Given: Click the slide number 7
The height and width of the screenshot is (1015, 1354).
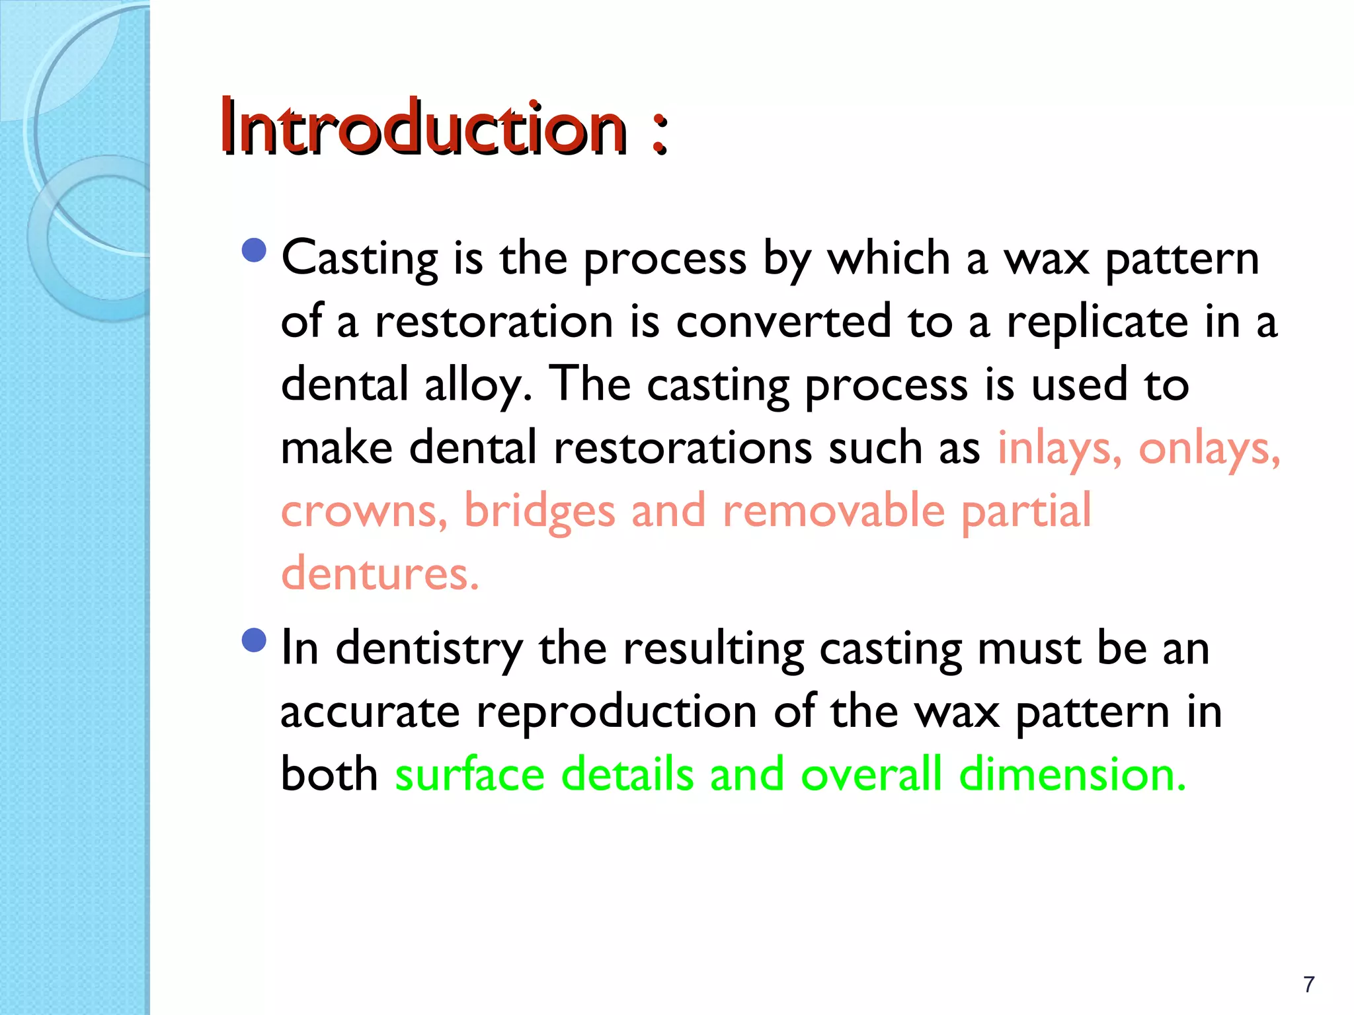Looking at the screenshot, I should pos(1308,985).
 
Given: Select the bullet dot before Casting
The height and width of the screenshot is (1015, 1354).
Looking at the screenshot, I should pos(254,250).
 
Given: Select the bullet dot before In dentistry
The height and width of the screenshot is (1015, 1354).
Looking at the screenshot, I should pos(254,640).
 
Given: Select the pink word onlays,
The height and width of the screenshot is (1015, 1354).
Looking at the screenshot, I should pos(1209,449).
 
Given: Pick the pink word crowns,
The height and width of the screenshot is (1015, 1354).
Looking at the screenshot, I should pos(364,511).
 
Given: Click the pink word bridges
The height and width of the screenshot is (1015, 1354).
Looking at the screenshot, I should pos(539,511).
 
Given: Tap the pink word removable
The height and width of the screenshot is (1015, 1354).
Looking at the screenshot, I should pos(834,511).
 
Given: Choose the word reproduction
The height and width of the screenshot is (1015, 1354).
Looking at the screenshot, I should pos(616,712).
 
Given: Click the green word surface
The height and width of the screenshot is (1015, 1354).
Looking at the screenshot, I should pos(469,774).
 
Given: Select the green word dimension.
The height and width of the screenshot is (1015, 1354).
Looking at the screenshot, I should pos(1072,774).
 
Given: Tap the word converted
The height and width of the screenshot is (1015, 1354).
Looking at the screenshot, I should pos(783,322).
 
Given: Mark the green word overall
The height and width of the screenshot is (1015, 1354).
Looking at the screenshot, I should pos(871,774).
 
